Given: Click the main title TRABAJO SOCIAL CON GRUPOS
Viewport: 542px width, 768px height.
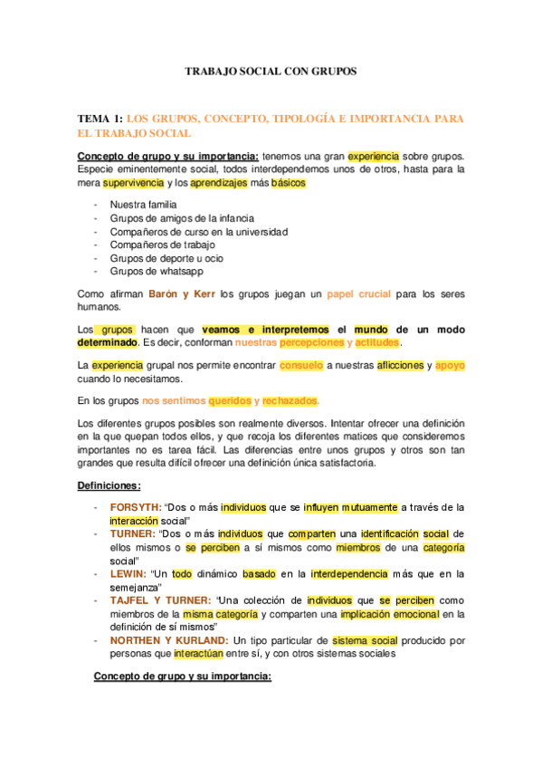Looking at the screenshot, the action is pos(271,70).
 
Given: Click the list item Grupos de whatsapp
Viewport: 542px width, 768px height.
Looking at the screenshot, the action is pos(156,271).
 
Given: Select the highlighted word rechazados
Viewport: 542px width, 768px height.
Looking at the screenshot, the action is pos(290,401).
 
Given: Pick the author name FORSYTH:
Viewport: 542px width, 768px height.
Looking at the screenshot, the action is pos(136,507).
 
